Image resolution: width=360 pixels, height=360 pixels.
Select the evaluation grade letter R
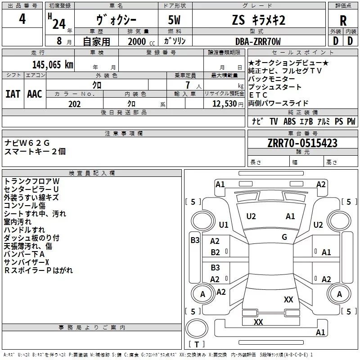343,21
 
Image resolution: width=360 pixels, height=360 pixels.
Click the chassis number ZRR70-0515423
302,144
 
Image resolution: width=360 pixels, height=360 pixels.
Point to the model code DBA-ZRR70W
258,42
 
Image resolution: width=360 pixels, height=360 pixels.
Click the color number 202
75,104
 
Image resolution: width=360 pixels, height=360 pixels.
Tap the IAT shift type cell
13,94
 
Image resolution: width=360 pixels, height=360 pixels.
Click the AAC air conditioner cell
35,94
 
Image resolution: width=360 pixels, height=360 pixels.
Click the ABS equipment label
289,121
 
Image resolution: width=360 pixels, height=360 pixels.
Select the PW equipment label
351,121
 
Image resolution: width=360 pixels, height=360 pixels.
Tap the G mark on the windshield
284,237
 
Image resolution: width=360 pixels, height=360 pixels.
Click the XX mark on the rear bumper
258,322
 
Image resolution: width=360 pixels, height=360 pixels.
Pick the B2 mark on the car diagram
216,252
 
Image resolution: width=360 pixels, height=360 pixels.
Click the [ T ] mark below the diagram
197,345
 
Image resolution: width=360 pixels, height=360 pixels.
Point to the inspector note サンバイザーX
27,262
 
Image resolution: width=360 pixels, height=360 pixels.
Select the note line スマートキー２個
35,152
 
